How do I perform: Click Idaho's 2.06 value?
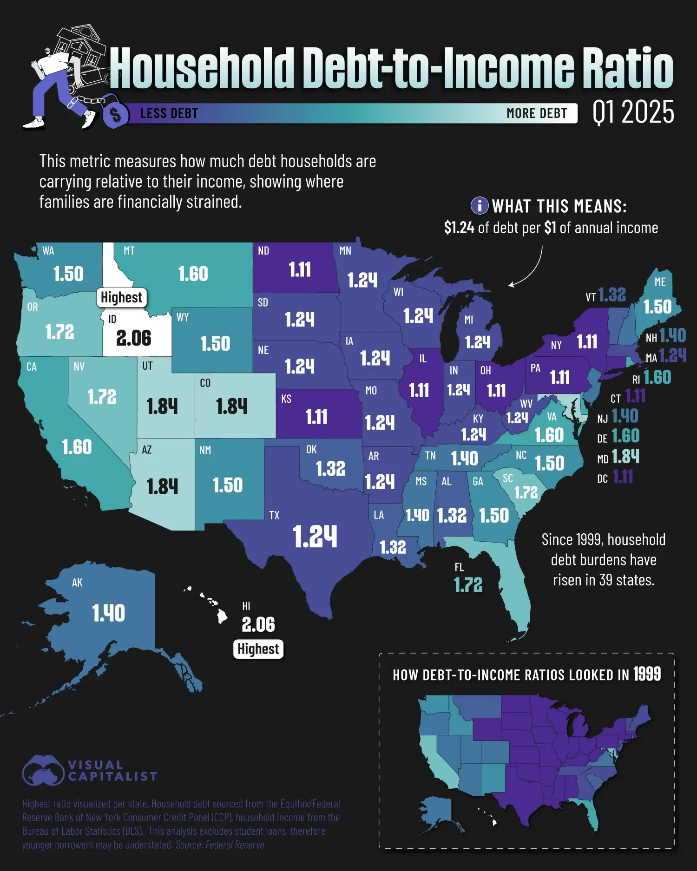click(134, 338)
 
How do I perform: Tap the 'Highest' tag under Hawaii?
click(258, 648)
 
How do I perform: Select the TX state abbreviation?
click(274, 515)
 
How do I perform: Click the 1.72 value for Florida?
click(468, 584)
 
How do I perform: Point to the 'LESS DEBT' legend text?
click(169, 113)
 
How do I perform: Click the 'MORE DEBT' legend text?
click(537, 113)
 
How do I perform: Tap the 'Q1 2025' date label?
click(633, 112)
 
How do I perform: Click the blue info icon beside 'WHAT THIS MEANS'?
click(480, 205)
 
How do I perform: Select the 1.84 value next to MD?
click(625, 457)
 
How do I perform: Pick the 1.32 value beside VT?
click(612, 295)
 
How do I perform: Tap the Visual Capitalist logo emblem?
click(43, 770)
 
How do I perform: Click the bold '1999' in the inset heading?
click(647, 674)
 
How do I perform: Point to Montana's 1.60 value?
click(193, 274)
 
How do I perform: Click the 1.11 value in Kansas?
click(316, 417)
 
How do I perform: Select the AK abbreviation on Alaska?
click(77, 583)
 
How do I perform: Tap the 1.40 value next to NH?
click(672, 335)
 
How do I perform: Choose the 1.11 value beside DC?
click(623, 477)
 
